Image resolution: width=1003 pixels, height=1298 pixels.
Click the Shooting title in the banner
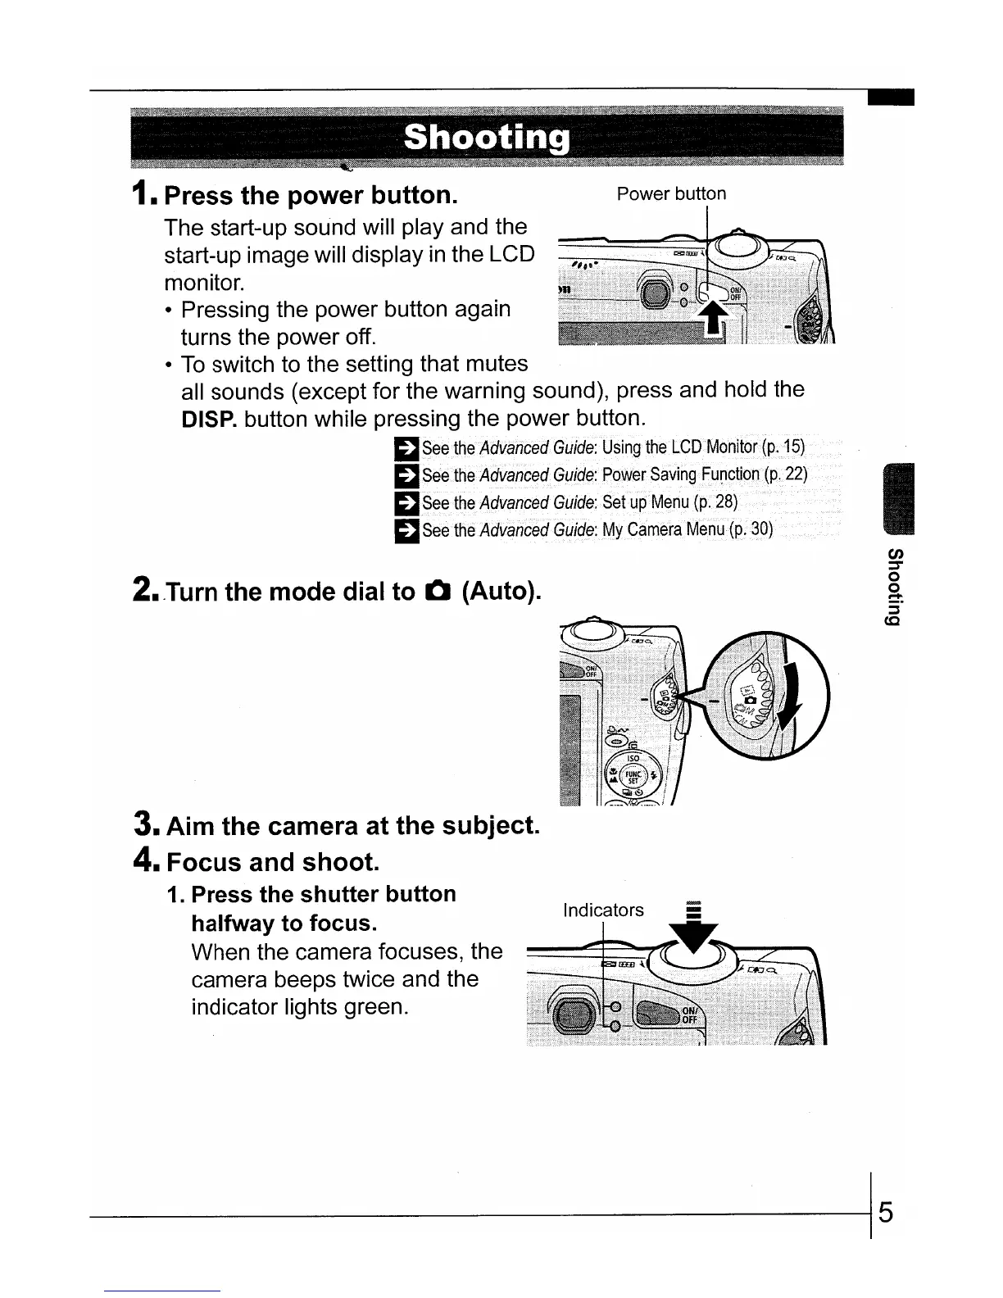tap(486, 138)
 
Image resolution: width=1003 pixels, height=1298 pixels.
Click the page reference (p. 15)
tap(783, 447)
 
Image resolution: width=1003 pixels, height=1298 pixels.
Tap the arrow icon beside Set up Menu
tap(406, 502)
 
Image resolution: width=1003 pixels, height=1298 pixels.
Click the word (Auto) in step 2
tap(501, 591)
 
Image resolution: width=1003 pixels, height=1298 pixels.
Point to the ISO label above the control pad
tap(633, 758)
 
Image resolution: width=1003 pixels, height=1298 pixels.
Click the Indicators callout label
tap(603, 910)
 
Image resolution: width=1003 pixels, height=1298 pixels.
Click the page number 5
tap(885, 1211)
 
